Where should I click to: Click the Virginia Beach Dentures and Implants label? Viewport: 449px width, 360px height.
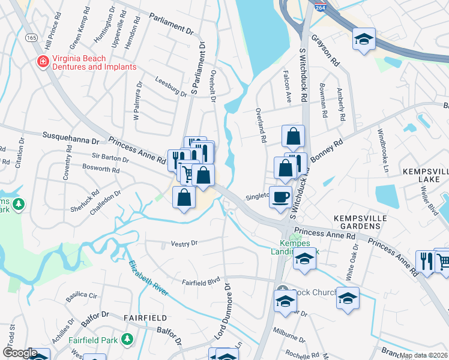pyautogui.click(x=94, y=62)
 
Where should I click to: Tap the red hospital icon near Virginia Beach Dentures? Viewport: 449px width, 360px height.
pyautogui.click(x=43, y=62)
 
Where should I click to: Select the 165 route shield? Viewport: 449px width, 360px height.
pyautogui.click(x=31, y=37)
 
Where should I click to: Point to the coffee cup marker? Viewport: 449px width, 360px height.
pyautogui.click(x=280, y=197)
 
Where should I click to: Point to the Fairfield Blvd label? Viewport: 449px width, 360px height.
pyautogui.click(x=201, y=281)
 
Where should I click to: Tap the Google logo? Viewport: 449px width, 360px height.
pyautogui.click(x=20, y=353)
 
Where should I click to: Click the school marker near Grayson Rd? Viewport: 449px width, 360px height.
pyautogui.click(x=364, y=39)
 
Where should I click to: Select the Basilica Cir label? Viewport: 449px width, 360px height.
pyautogui.click(x=85, y=296)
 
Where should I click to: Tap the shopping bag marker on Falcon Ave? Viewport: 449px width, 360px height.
pyautogui.click(x=293, y=136)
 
